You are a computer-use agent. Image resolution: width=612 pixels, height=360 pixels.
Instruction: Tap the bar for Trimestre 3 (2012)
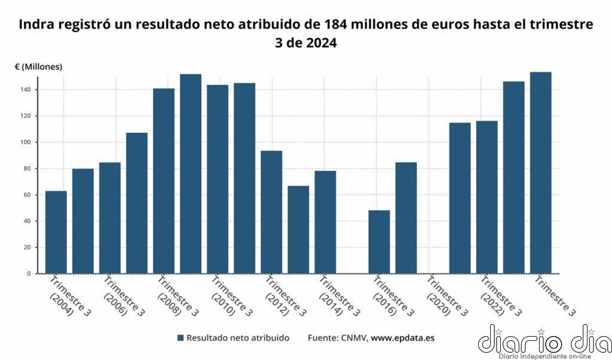[271, 212]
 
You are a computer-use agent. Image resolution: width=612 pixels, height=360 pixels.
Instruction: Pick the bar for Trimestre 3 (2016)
[379, 242]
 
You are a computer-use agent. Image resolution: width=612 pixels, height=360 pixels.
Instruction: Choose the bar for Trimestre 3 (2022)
[486, 197]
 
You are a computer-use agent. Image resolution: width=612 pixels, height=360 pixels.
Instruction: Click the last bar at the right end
[540, 173]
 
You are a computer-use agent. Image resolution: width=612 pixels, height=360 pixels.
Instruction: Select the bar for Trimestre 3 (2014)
[325, 222]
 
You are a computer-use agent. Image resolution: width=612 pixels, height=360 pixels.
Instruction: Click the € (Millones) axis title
[38, 67]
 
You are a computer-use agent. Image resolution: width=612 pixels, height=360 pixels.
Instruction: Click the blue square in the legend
[180, 338]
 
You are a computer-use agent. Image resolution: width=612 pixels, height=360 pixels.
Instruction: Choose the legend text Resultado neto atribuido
[238, 338]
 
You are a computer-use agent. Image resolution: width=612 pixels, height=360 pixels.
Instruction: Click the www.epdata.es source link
[403, 338]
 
